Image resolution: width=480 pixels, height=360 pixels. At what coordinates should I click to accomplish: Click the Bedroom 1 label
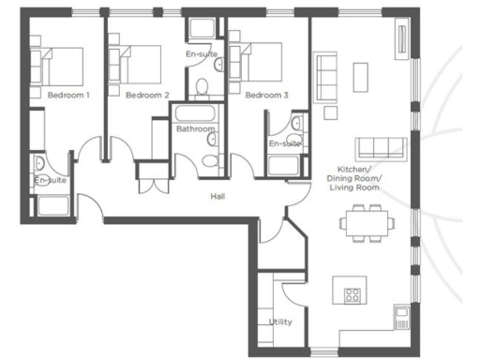point(68,95)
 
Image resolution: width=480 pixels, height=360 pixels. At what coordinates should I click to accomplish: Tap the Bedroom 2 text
point(146,95)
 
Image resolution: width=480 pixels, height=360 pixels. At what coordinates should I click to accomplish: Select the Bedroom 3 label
point(266,95)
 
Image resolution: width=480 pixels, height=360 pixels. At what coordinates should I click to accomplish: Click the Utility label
point(280,322)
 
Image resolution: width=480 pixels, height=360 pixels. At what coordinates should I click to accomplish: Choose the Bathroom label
point(195,128)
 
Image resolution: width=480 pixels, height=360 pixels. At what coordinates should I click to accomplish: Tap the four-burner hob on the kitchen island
point(352,294)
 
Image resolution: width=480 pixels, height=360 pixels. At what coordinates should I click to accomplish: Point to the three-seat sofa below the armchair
point(379,146)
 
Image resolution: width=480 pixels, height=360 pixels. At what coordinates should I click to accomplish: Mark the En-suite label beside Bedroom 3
point(284,143)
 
